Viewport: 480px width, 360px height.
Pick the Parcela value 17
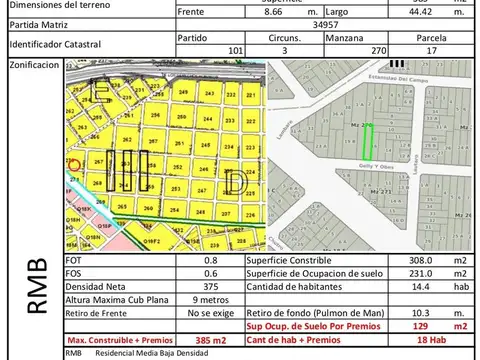coord(430,50)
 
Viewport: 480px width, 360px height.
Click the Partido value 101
coord(236,50)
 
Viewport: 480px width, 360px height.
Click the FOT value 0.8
coord(210,262)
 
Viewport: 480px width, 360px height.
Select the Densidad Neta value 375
coord(209,286)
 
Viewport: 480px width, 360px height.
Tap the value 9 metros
coord(209,298)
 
